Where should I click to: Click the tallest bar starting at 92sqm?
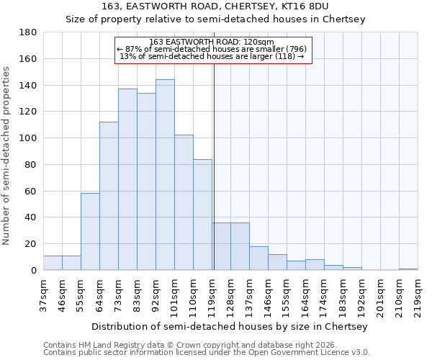pos(165,175)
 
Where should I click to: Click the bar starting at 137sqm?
pos(258,258)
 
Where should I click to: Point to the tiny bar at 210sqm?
pos(408,269)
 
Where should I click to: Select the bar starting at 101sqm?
pos(184,202)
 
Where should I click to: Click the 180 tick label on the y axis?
pos(28,32)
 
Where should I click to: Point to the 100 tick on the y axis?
pos(28,138)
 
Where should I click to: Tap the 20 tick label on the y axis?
pos(31,244)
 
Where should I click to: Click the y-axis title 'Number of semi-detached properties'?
pos(7,155)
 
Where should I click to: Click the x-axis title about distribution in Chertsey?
pos(231,326)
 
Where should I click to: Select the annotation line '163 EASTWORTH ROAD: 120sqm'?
pos(212,42)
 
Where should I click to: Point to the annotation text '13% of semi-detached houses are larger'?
pos(212,56)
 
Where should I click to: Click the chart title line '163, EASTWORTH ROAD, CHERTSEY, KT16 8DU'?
pos(216,6)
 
